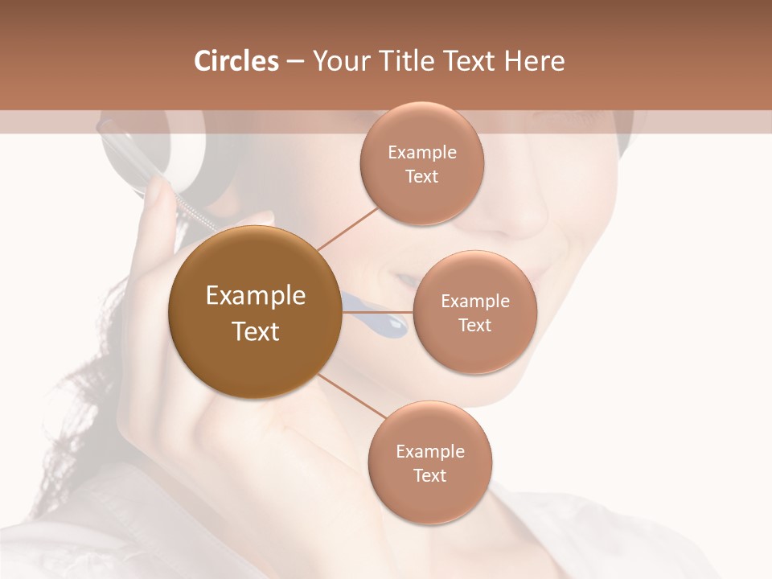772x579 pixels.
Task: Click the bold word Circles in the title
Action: (x=236, y=61)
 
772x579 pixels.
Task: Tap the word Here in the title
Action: (x=534, y=61)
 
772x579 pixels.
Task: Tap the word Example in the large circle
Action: (x=256, y=296)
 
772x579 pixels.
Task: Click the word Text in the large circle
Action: (x=256, y=331)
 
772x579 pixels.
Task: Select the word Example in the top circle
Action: (x=422, y=153)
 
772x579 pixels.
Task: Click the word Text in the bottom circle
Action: (x=430, y=475)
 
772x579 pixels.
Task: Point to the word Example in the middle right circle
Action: (x=475, y=302)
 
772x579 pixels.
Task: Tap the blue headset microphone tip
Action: (x=394, y=325)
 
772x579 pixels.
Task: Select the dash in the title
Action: (x=295, y=61)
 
